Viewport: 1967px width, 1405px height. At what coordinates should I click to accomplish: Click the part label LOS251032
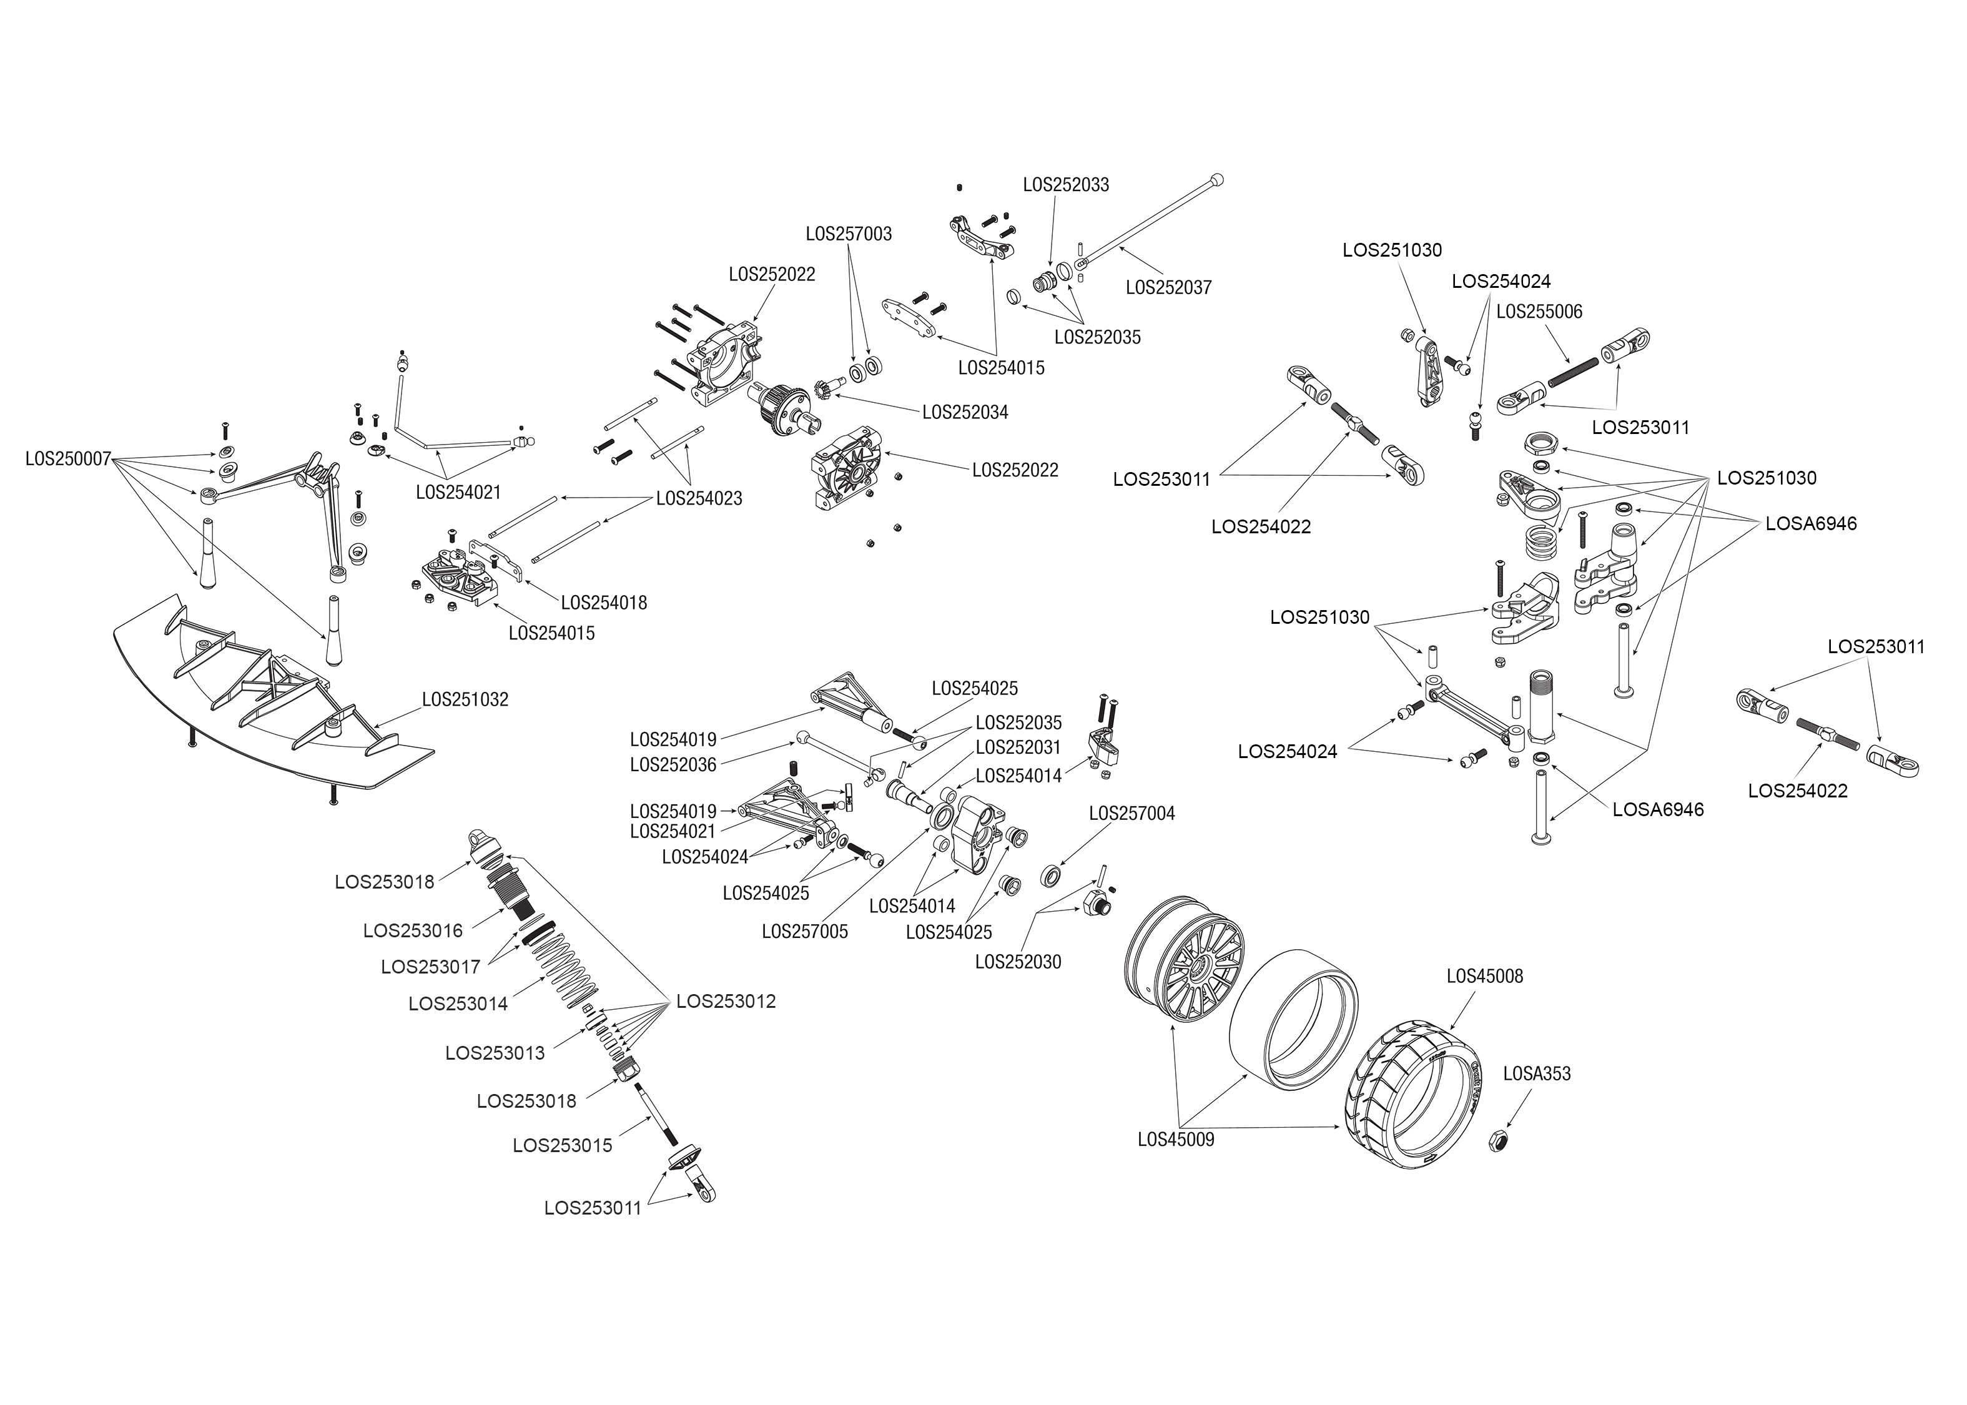(465, 699)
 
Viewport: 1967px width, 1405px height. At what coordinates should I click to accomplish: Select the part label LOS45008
(1484, 976)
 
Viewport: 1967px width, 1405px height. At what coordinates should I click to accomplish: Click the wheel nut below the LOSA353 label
(1500, 1141)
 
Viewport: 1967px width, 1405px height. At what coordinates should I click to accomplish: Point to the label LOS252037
(1168, 287)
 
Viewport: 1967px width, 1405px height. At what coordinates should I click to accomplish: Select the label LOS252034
(965, 413)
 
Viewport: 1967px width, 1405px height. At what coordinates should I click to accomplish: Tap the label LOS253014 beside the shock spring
(458, 1003)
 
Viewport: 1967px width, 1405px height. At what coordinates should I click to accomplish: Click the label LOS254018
(604, 602)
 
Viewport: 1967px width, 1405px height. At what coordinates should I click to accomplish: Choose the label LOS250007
(68, 458)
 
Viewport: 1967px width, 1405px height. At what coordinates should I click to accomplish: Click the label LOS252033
(1066, 185)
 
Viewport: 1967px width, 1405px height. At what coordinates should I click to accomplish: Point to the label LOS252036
(673, 765)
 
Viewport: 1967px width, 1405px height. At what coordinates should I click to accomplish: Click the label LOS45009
(1176, 1140)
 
